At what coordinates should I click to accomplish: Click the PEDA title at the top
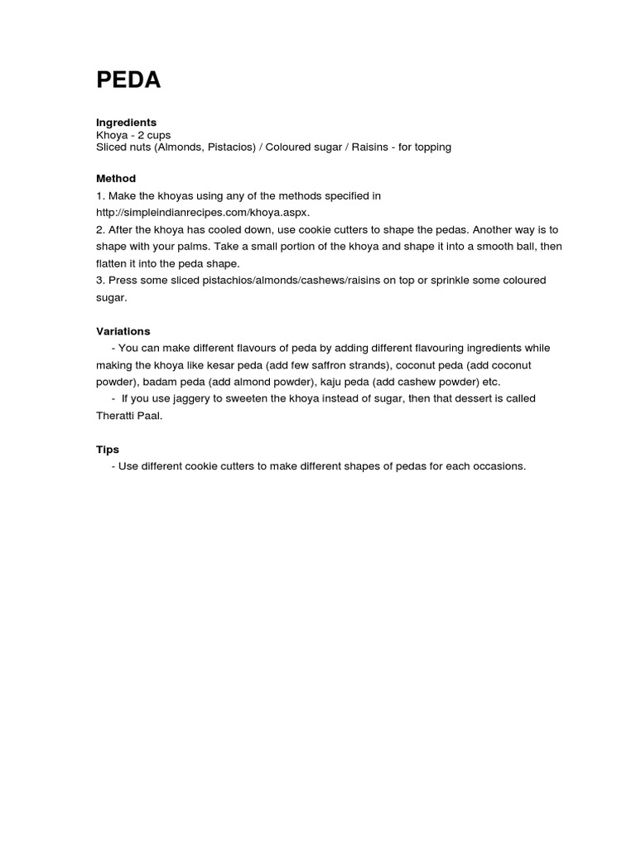pos(128,80)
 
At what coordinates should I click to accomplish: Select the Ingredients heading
pos(126,122)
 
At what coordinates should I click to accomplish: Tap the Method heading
pos(116,178)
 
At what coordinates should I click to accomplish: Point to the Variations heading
pos(123,331)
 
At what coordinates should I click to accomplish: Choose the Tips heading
pos(108,450)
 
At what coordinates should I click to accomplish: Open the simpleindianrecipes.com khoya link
pos(202,212)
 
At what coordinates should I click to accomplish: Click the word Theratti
pos(118,416)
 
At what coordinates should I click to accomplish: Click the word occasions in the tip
pos(497,466)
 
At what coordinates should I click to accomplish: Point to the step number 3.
pos(99,280)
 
